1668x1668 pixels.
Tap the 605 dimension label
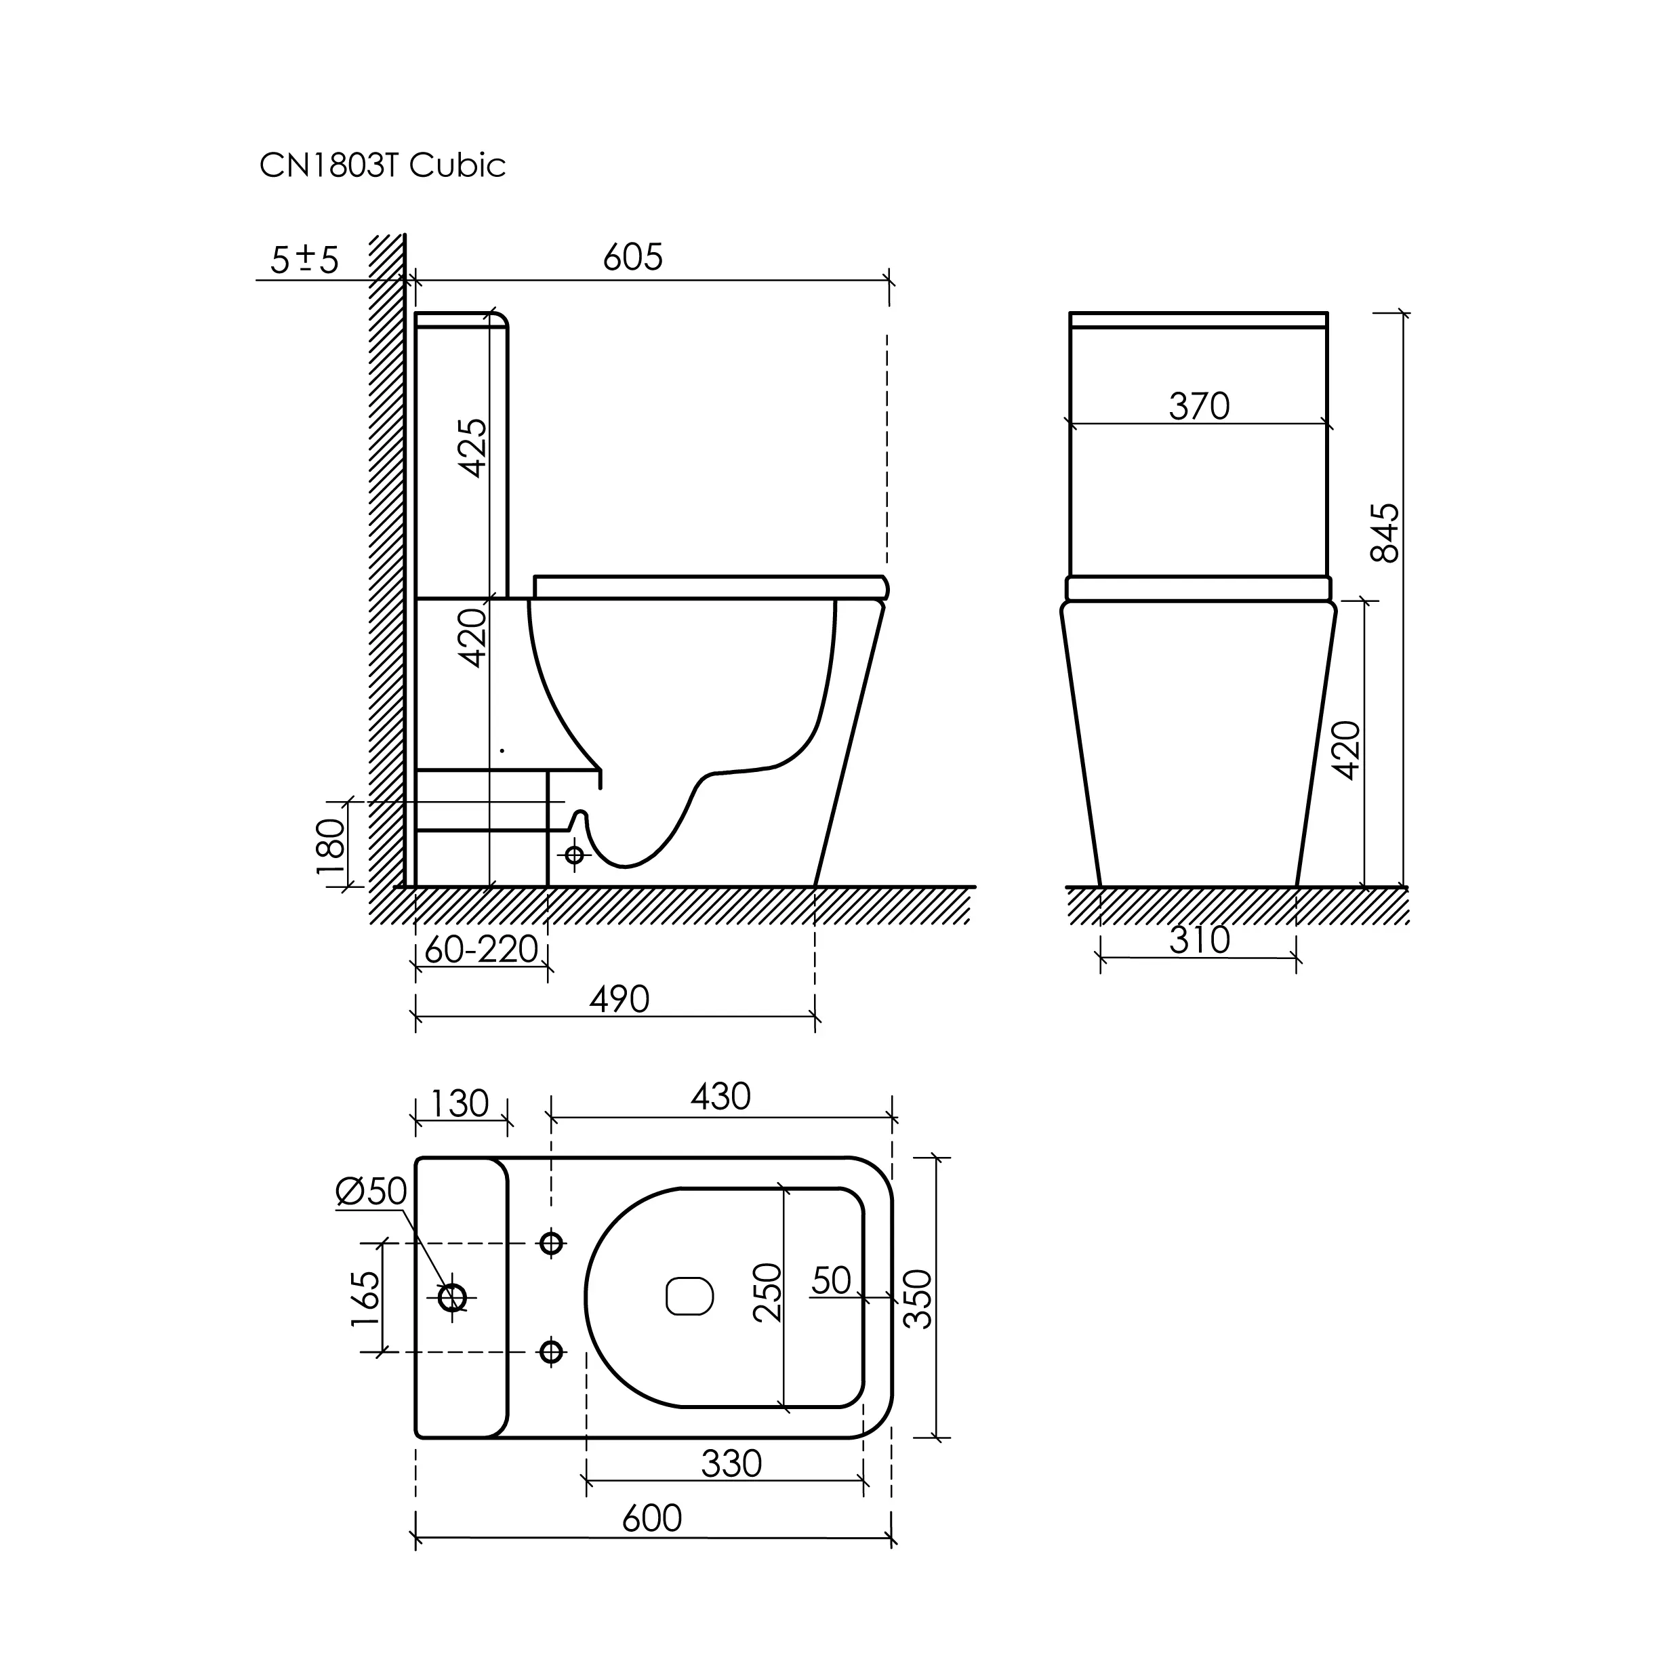tap(633, 258)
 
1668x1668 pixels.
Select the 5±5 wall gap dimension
tap(305, 259)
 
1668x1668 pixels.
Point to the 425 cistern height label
tap(473, 447)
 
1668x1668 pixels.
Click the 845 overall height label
tap(1385, 533)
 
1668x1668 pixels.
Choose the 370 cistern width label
tap(1199, 406)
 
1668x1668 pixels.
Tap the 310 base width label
tap(1199, 940)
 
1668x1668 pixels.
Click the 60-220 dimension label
tap(482, 950)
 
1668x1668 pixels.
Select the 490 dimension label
tap(619, 1000)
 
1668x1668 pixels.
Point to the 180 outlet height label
tap(331, 847)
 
